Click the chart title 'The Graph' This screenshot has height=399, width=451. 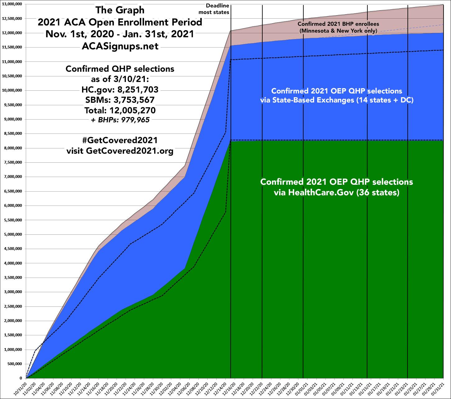(120, 10)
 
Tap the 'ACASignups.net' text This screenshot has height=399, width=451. (120, 46)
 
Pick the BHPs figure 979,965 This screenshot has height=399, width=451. (134, 120)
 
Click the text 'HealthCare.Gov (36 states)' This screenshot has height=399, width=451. (336, 193)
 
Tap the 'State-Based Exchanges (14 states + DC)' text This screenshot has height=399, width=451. (336, 101)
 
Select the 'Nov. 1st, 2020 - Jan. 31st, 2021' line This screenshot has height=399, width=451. (120, 34)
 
